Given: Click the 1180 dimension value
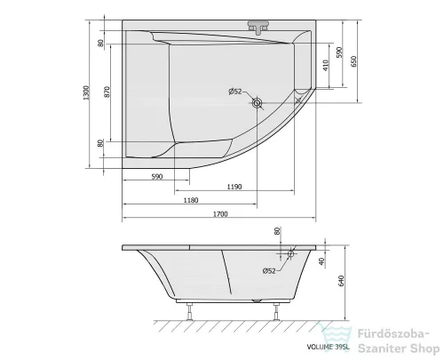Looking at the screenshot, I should coord(190,201).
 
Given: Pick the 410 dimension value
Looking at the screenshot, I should coord(326,65).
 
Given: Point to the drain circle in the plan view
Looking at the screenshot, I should coord(258,104).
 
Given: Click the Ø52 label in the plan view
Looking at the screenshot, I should coord(235,92).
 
